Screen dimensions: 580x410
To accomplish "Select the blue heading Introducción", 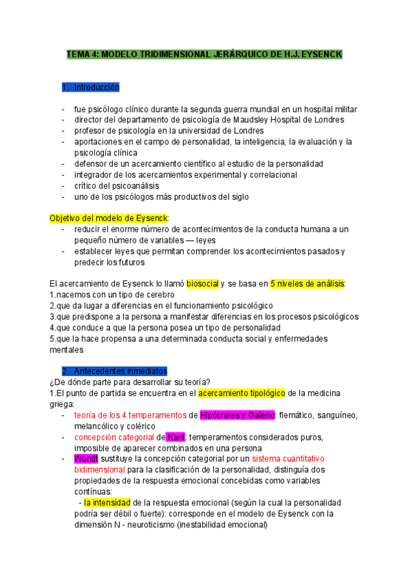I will tap(96, 88).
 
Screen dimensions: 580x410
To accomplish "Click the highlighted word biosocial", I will tap(202, 283).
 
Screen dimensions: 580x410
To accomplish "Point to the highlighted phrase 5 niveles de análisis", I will tap(307, 283).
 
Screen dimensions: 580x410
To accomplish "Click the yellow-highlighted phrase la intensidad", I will tap(108, 503).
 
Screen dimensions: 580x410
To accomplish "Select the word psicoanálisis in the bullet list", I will tap(135, 186).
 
